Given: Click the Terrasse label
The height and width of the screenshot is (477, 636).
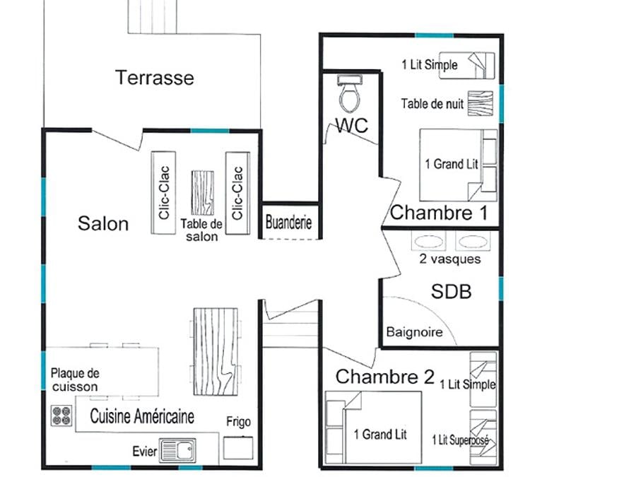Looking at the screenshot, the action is click(x=155, y=78).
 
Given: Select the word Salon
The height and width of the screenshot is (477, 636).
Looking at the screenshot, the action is click(x=103, y=223).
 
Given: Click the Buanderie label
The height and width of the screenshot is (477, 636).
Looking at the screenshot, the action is click(x=289, y=223).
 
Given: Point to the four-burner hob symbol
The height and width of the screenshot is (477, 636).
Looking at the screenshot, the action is click(x=61, y=416).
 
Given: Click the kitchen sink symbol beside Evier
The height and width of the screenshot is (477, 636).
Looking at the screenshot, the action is click(x=177, y=450).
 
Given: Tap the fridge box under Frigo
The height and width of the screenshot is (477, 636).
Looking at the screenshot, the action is click(x=238, y=448).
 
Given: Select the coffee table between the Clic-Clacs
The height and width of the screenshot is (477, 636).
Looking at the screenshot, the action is click(x=203, y=193).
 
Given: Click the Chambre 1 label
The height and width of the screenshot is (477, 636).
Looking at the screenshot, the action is click(x=439, y=213).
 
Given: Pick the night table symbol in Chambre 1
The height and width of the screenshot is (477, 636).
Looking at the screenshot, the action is click(x=481, y=103).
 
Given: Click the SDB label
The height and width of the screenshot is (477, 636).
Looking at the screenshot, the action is click(x=451, y=291).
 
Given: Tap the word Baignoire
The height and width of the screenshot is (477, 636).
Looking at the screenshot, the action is click(x=415, y=332).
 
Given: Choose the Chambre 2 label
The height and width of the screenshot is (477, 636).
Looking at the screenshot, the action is click(x=385, y=377).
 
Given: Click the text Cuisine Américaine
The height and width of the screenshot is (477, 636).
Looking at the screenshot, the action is click(x=142, y=416).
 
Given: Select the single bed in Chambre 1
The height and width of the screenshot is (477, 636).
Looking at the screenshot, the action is click(x=467, y=65).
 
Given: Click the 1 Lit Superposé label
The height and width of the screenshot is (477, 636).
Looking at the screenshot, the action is click(x=460, y=440).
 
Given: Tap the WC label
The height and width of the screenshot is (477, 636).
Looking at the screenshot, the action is click(x=352, y=126).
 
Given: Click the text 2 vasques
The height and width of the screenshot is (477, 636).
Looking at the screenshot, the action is click(x=450, y=259).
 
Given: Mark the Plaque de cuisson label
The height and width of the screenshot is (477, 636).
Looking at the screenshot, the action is click(x=75, y=379).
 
